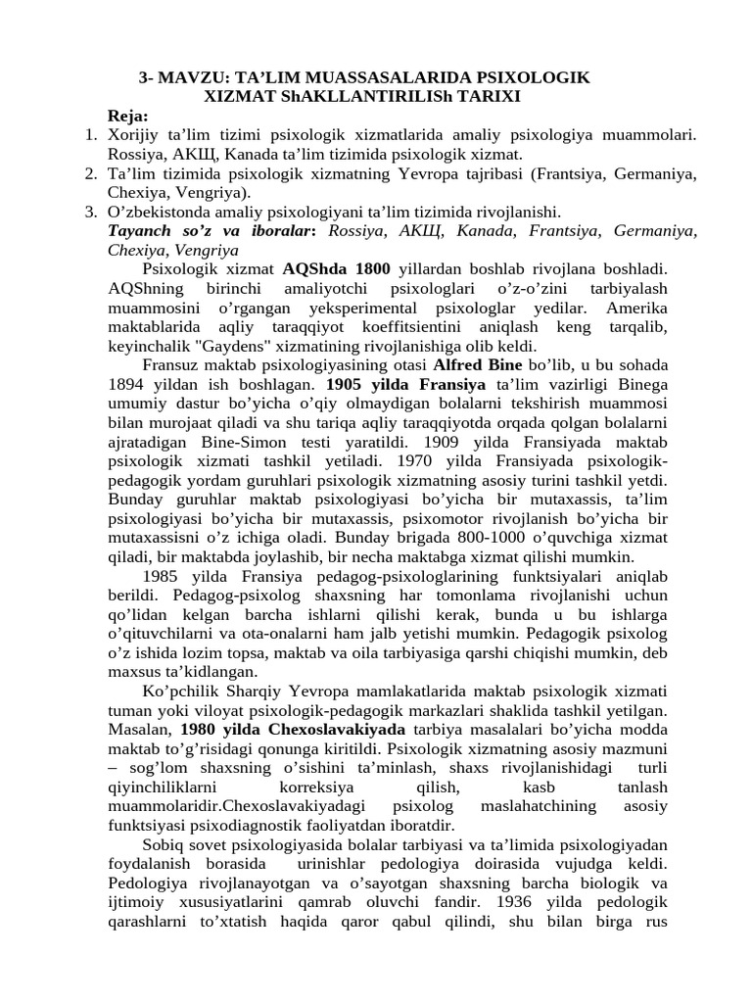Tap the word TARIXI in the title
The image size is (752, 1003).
click(x=487, y=96)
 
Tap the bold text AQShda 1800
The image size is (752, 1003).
click(x=336, y=268)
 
